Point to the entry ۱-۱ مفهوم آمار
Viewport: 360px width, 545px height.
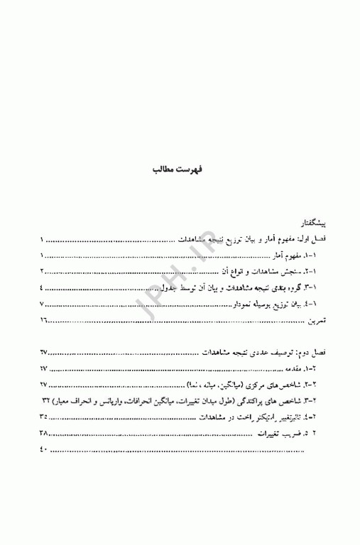(292, 255)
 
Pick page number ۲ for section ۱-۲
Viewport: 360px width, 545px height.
(42, 271)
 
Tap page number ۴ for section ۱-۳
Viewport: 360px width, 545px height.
(42, 287)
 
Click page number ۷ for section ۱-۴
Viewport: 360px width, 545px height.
(42, 304)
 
